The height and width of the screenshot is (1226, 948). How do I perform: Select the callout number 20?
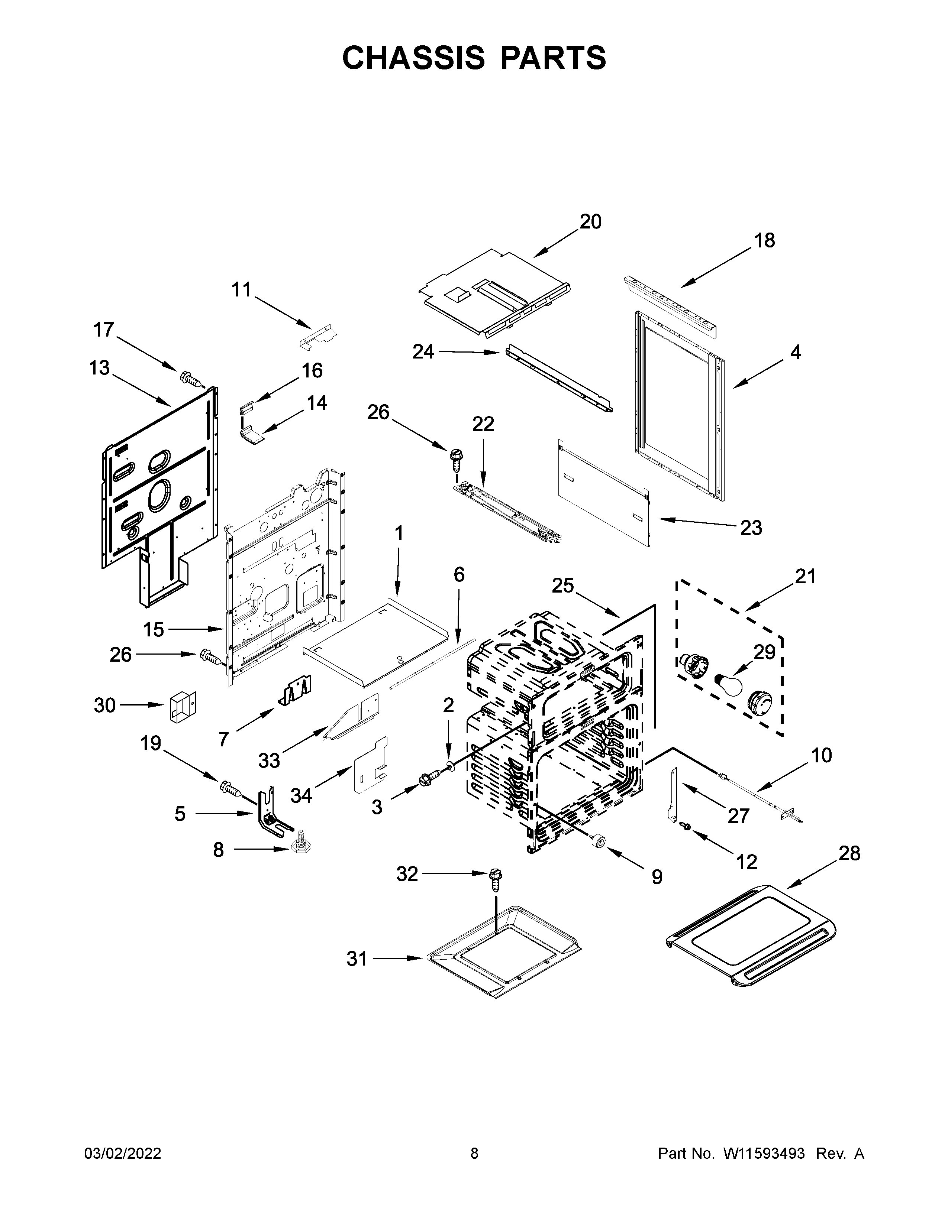point(590,222)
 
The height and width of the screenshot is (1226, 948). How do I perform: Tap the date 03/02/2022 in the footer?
point(122,1153)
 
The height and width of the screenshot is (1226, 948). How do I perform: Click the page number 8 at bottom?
point(474,1153)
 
